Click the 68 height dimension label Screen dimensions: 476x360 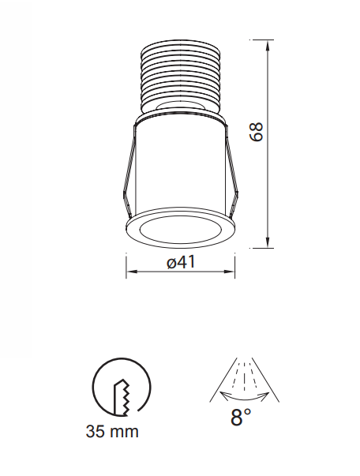click(255, 131)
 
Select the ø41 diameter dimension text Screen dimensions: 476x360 click(182, 264)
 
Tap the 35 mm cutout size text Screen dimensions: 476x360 click(113, 432)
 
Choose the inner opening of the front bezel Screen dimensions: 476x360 click(180, 232)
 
